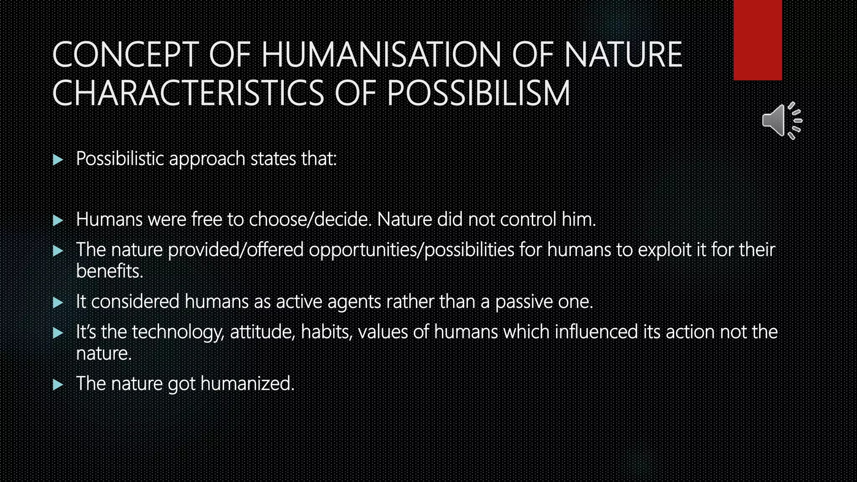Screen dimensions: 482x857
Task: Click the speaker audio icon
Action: [x=781, y=120]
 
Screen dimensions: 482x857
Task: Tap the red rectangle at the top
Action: [x=757, y=40]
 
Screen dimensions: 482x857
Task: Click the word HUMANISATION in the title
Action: [x=381, y=55]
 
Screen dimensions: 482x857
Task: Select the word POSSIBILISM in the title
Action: [x=479, y=93]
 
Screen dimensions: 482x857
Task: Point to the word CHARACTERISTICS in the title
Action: [x=188, y=93]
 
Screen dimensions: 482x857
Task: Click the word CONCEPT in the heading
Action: [x=125, y=55]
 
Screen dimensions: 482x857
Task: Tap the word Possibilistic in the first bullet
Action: [x=120, y=159]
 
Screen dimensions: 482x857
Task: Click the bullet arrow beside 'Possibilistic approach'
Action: [x=58, y=159]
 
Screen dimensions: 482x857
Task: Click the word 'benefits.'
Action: [x=110, y=271]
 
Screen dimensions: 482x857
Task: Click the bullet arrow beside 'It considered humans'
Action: [x=58, y=302]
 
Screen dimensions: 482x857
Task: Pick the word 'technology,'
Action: [x=178, y=332]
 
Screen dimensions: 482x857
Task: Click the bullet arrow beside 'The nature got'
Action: [x=58, y=384]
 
